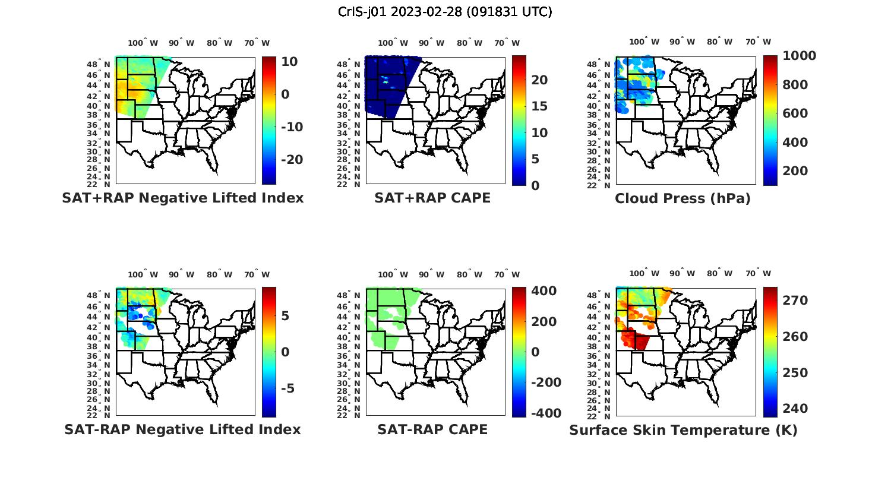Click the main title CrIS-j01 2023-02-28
point(445,12)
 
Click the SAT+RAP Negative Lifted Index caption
point(183,198)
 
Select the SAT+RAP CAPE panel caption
point(432,198)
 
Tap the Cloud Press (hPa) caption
point(683,198)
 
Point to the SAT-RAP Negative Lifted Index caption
point(183,429)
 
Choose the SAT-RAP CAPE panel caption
point(432,429)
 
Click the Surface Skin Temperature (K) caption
point(683,430)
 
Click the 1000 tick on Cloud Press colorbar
point(799,56)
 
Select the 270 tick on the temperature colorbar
point(795,301)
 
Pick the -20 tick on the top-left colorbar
point(292,160)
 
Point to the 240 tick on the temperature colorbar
point(795,409)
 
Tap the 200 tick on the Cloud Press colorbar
point(795,171)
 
